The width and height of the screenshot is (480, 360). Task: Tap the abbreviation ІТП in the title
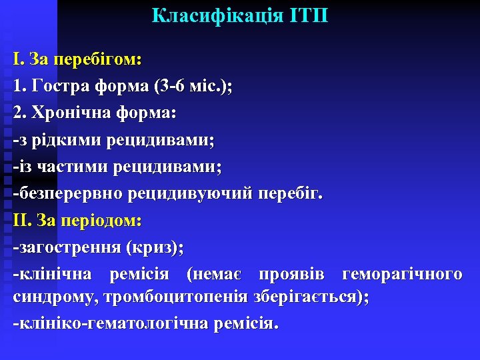309,16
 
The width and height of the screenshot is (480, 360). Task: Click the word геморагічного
402,275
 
